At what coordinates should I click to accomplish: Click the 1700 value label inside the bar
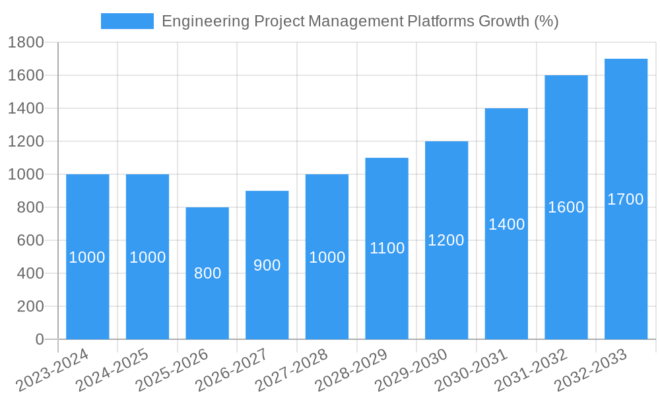[626, 199]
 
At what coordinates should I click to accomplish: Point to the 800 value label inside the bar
[207, 273]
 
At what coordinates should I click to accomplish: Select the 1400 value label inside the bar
[506, 224]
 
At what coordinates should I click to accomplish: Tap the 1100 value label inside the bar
[387, 249]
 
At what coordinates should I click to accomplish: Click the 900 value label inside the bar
[267, 265]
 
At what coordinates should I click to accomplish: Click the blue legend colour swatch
[127, 21]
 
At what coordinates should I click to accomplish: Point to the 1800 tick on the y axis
[26, 43]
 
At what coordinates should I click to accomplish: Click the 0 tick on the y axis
[39, 339]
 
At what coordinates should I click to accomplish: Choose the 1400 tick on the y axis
[26, 108]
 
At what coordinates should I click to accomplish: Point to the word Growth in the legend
[502, 21]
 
